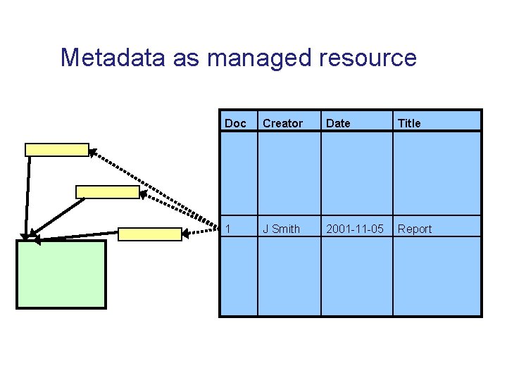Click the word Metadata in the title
tap(113, 58)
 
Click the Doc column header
tap(235, 123)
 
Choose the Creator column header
tap(282, 123)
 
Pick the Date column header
tap(338, 123)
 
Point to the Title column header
tap(409, 123)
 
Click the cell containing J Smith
tap(281, 229)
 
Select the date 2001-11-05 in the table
tap(355, 229)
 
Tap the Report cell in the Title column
tap(415, 229)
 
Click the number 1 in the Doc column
tap(227, 229)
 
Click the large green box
tap(61, 274)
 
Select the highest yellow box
tap(57, 149)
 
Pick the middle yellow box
tap(108, 192)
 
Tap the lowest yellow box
tap(149, 234)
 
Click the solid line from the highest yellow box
tap(28, 194)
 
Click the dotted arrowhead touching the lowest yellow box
tap(187, 233)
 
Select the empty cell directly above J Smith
tap(289, 173)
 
